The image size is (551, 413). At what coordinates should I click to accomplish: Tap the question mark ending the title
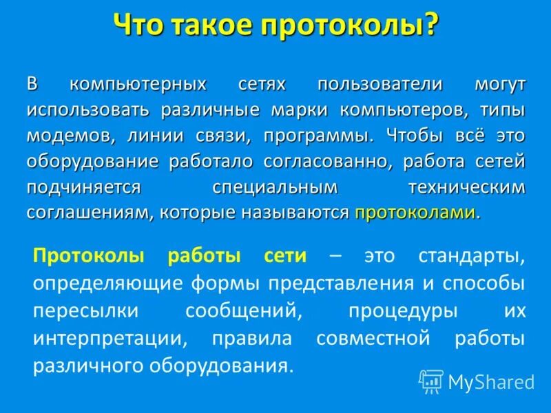pos(430,26)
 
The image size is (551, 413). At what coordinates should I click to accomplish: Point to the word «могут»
pos(500,85)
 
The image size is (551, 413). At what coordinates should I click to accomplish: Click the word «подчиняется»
pos(85,187)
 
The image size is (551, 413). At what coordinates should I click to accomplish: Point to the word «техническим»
pos(466,187)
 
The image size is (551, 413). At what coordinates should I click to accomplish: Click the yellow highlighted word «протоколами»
pos(415,213)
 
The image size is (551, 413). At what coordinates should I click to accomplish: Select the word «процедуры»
pos(403,310)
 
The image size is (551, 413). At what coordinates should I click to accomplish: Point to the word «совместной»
pos(373,338)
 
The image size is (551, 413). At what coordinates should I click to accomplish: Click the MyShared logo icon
pos(431,381)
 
